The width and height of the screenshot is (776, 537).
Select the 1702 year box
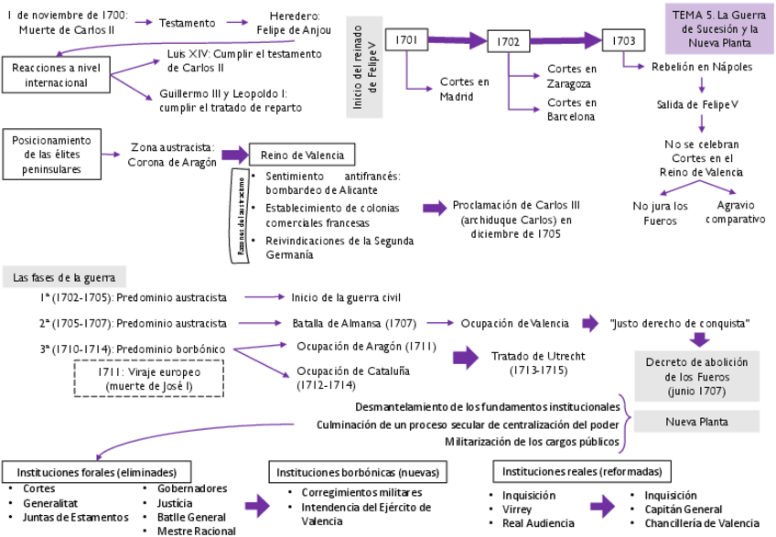tap(508, 42)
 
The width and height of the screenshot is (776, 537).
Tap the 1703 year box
tap(623, 41)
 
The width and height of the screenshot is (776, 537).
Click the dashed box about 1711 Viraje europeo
tap(148, 380)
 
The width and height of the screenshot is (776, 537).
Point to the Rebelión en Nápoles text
tap(701, 67)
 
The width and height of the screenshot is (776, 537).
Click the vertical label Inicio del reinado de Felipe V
tap(364, 66)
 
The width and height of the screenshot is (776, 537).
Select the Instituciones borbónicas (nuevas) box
tap(360, 472)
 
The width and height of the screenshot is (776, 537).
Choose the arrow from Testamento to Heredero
tap(235, 22)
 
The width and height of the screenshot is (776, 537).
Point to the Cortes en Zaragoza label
tap(572, 76)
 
